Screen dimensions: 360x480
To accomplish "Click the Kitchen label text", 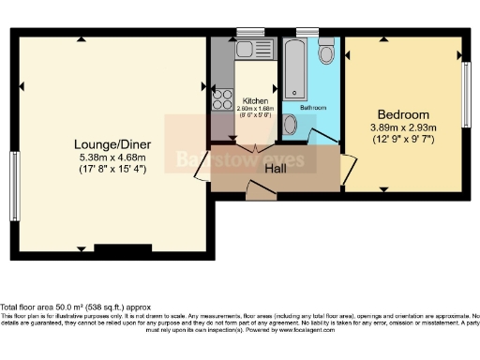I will click(256, 100).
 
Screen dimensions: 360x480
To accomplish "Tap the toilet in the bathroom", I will click(326, 52).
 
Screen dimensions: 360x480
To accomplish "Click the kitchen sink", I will click(253, 51).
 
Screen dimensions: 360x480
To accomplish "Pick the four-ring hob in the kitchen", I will click(222, 98).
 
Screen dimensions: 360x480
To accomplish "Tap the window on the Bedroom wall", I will click(465, 95).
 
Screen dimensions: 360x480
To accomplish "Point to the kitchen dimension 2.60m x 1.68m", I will click(256, 109).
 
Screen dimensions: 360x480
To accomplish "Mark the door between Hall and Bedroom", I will click(347, 167).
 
